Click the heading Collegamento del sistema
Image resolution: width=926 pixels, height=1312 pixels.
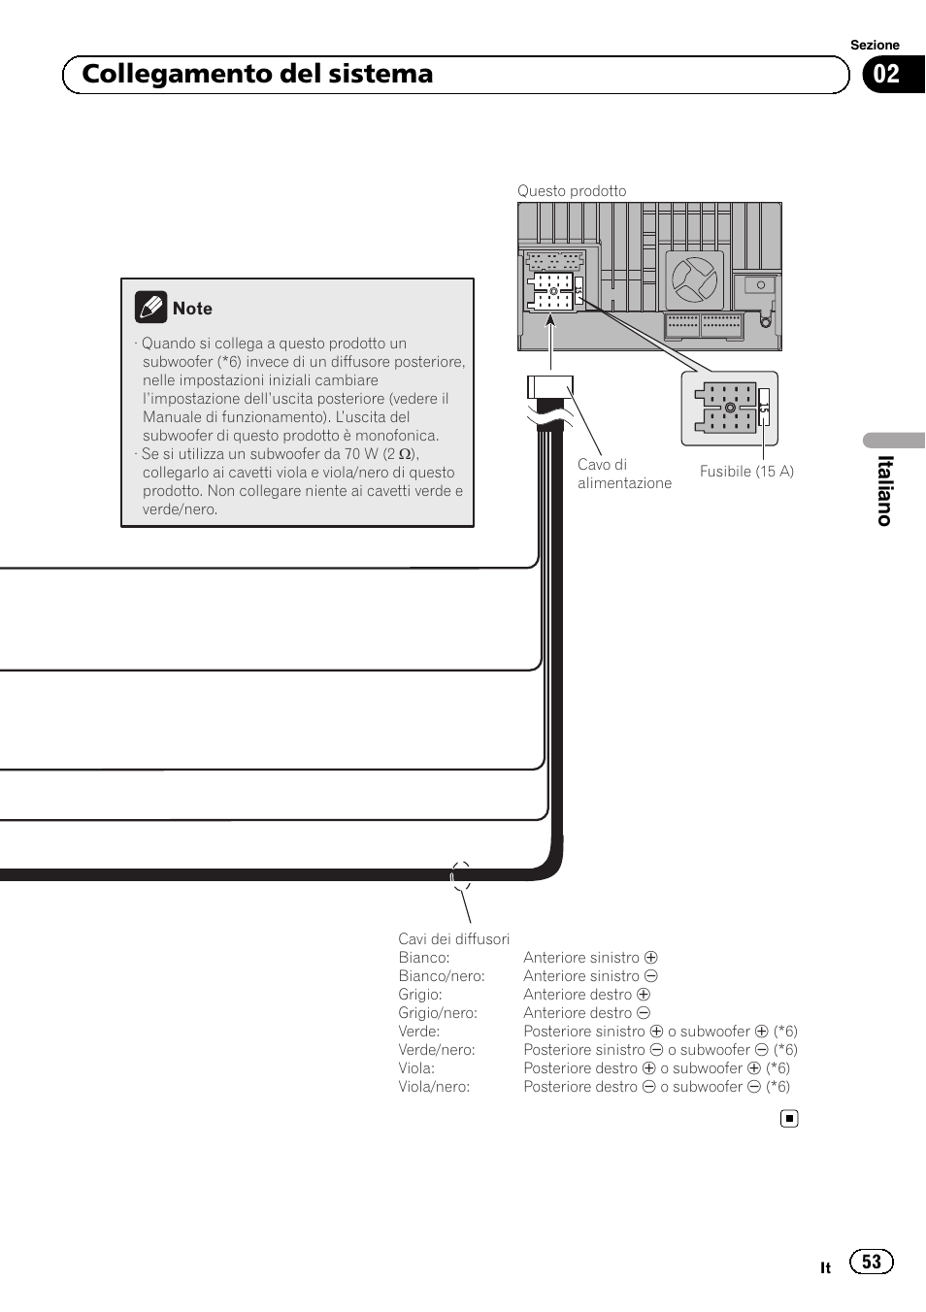pyautogui.click(x=257, y=75)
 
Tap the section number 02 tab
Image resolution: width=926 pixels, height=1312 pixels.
pyautogui.click(x=888, y=75)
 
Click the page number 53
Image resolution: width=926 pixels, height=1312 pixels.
pyautogui.click(x=872, y=1262)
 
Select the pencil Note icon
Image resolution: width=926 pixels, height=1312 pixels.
pyautogui.click(x=150, y=308)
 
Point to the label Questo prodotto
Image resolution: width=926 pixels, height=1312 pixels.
pyautogui.click(x=572, y=191)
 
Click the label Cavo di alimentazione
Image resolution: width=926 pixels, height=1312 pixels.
pyautogui.click(x=624, y=474)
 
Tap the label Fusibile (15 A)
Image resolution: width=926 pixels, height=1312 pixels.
pyautogui.click(x=746, y=472)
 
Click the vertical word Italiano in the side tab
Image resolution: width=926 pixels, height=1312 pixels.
pyautogui.click(x=884, y=491)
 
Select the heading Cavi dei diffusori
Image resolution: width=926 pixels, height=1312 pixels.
pyautogui.click(x=453, y=939)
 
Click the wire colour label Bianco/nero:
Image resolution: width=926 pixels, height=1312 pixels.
pyautogui.click(x=442, y=976)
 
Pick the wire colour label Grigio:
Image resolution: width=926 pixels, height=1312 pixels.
pyautogui.click(x=420, y=995)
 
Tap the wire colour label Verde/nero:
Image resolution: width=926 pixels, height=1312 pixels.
pyautogui.click(x=437, y=1050)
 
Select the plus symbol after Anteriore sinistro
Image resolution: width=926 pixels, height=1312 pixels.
pyautogui.click(x=651, y=958)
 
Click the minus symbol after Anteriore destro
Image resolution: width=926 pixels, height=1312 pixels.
pyautogui.click(x=644, y=1013)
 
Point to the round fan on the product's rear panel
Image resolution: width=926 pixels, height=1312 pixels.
pyautogui.click(x=694, y=279)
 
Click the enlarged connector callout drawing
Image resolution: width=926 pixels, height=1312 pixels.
pyautogui.click(x=730, y=409)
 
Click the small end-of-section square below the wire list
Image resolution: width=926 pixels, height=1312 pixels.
pyautogui.click(x=790, y=1119)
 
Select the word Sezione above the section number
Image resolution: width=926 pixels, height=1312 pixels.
pyautogui.click(x=875, y=46)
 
